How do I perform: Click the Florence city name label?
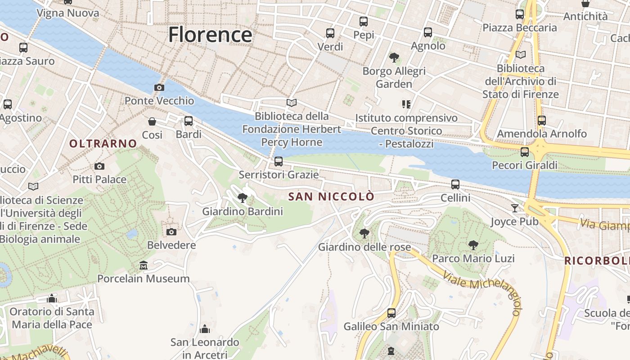210,35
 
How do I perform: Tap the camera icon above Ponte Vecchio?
159,87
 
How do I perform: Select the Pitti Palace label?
99,180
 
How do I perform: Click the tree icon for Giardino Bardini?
243,198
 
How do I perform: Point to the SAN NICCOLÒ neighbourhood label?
331,197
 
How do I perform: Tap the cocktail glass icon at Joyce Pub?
514,208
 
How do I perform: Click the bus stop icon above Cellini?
455,184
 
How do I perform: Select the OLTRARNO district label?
103,144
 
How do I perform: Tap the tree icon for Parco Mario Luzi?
473,245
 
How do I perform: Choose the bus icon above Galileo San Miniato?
391,313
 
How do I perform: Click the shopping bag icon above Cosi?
152,121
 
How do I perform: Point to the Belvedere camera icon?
171,232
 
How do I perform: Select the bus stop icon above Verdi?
330,33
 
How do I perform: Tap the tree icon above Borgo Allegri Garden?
394,57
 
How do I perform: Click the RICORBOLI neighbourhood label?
597,261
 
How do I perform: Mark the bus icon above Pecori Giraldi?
524,152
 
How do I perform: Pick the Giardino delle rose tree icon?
364,234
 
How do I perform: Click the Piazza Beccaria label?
520,28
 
